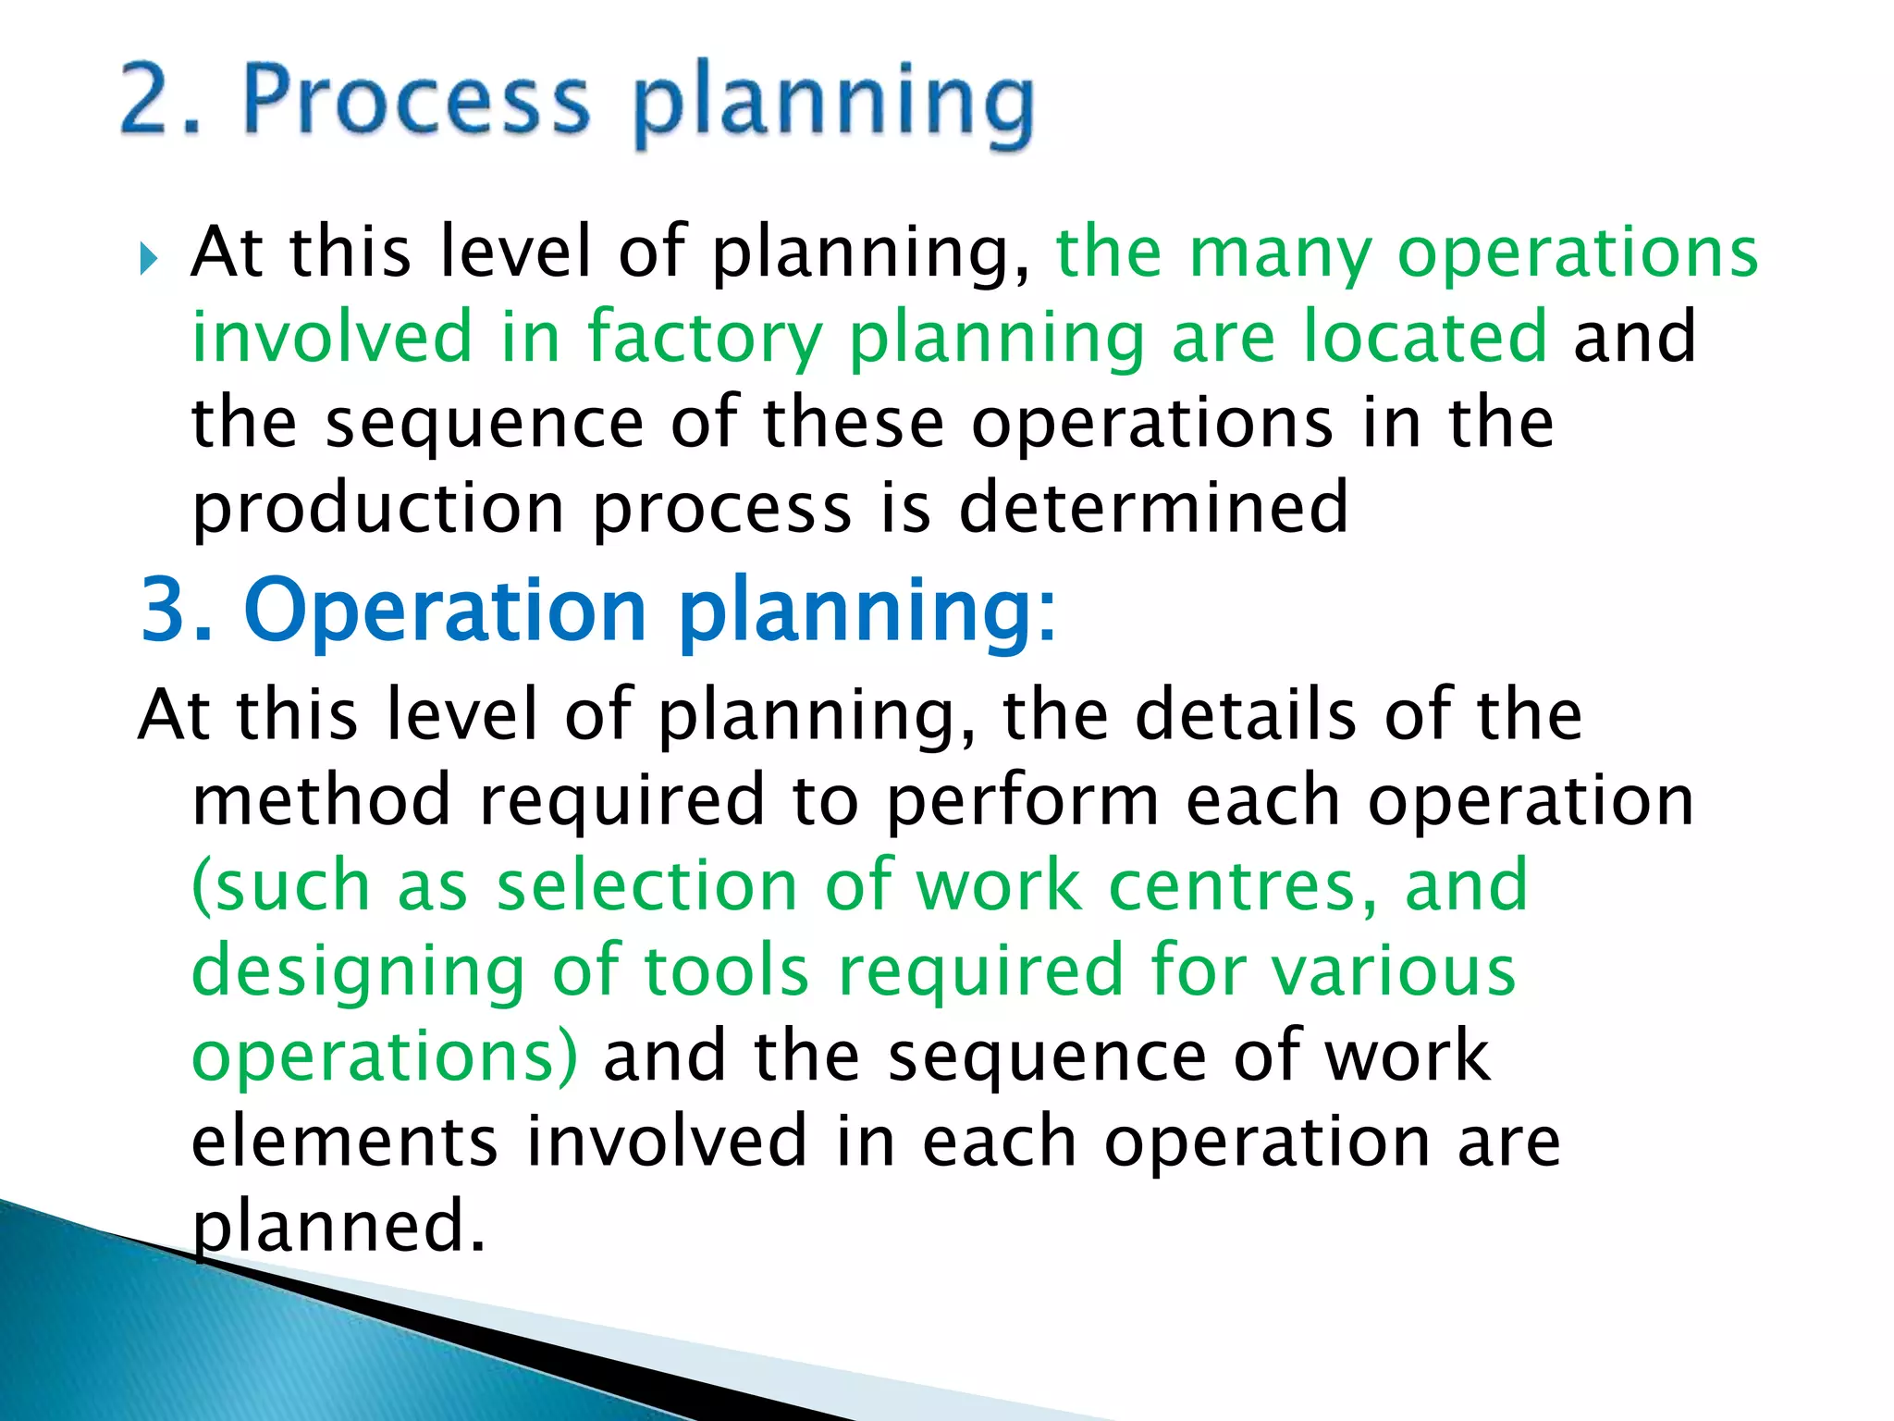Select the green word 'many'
1280,254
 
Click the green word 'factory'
705,339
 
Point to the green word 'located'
1425,337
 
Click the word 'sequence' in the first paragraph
485,424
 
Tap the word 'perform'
1022,802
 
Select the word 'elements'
344,1142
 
